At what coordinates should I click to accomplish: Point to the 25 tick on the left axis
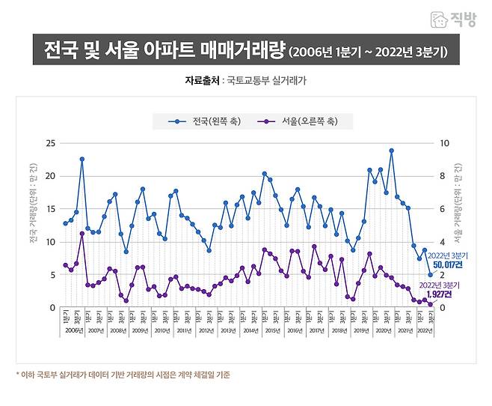coord(51,143)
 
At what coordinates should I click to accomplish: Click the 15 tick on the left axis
coord(51,209)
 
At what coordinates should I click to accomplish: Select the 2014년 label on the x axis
coord(251,330)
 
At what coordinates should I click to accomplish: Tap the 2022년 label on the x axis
coord(423,330)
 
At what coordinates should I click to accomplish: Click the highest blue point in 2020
coord(391,151)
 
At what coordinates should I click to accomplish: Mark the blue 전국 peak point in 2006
coord(82,159)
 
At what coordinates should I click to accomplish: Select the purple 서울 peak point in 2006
coord(82,234)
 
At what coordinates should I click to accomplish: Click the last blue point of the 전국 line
coord(430,274)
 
